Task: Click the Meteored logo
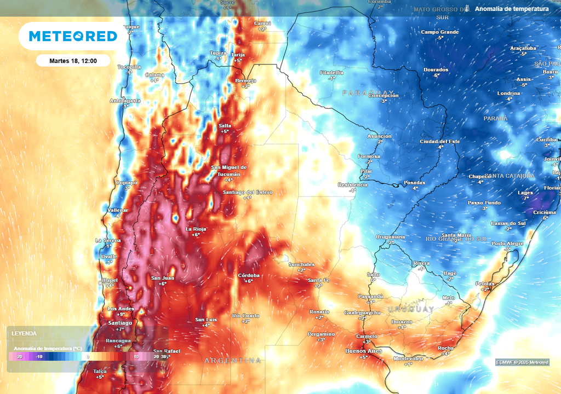point(72,36)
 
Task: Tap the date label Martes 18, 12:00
point(73,61)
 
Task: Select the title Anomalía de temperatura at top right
point(512,9)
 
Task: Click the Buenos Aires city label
point(363,350)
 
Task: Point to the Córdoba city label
point(249,275)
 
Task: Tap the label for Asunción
point(379,136)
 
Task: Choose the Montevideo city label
point(409,358)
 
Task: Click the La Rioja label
point(196,229)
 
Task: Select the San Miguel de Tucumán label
point(229,170)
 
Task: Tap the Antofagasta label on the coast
point(125,101)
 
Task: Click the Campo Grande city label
point(440,32)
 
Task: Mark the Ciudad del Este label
point(440,141)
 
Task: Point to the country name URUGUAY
point(411,309)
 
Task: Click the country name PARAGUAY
point(368,92)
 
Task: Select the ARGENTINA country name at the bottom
point(232,361)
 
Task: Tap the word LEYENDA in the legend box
point(24,333)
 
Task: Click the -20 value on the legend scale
point(19,356)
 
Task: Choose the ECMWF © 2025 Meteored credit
point(522,362)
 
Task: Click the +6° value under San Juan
point(163,283)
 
